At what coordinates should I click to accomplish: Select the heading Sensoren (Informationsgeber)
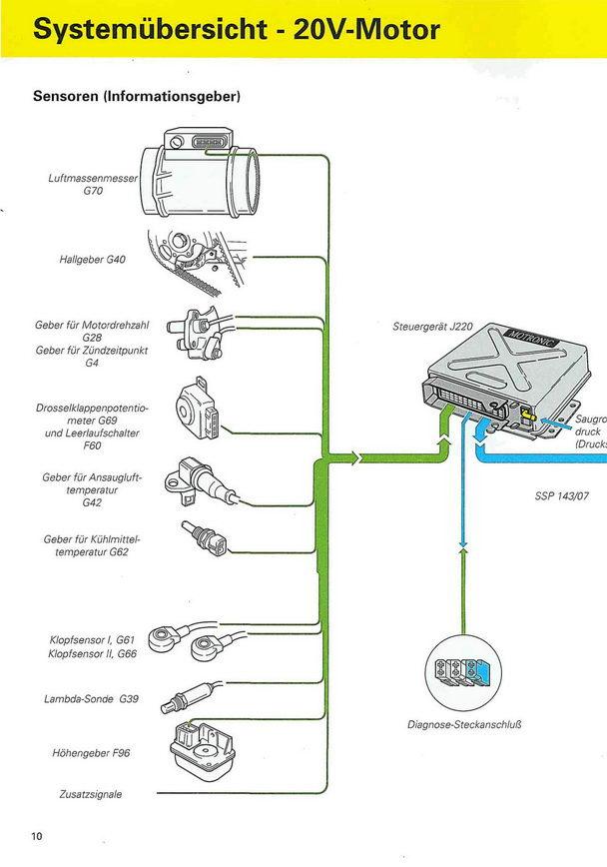(x=137, y=97)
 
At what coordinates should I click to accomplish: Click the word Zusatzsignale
(x=90, y=794)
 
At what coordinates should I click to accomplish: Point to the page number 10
(x=37, y=836)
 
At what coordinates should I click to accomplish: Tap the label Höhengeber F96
(x=91, y=752)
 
